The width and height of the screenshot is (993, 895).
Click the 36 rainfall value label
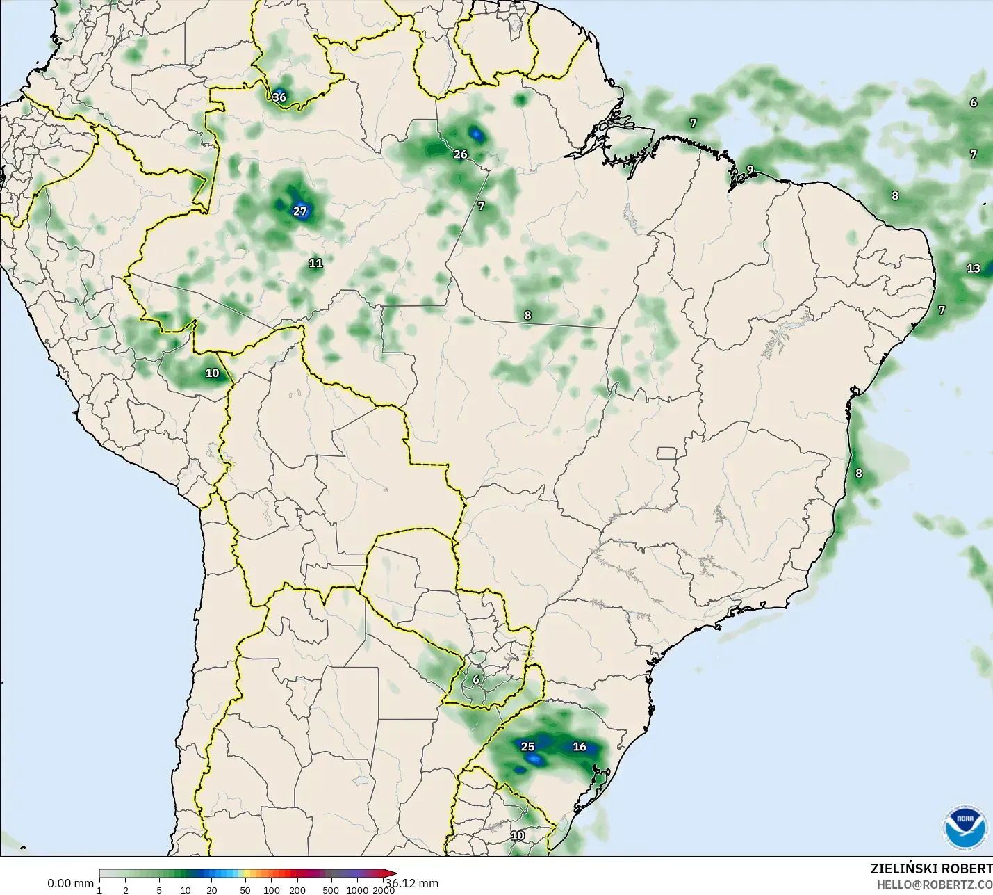pyautogui.click(x=279, y=97)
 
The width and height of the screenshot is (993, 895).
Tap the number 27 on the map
pyautogui.click(x=299, y=211)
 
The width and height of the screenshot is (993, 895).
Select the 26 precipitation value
pyautogui.click(x=460, y=154)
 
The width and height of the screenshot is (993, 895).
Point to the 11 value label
pyautogui.click(x=315, y=263)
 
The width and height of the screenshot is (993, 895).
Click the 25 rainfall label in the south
pyautogui.click(x=527, y=747)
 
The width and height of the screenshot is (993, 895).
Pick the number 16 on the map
pyautogui.click(x=580, y=747)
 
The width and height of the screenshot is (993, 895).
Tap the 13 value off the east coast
pyautogui.click(x=973, y=268)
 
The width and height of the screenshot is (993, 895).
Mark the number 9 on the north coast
pyautogui.click(x=750, y=170)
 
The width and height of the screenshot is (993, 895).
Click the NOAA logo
pyautogui.click(x=965, y=828)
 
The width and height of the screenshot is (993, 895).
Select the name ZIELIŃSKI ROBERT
pyautogui.click(x=931, y=869)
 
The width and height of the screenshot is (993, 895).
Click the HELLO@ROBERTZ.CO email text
pyautogui.click(x=934, y=885)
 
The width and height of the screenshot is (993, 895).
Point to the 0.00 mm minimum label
pyautogui.click(x=70, y=883)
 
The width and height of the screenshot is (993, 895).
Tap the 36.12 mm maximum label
pyautogui.click(x=413, y=884)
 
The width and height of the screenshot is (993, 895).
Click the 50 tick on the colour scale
pyautogui.click(x=245, y=890)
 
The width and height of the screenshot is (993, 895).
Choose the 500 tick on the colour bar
pyautogui.click(x=331, y=890)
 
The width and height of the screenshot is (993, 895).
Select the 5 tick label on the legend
pyautogui.click(x=159, y=890)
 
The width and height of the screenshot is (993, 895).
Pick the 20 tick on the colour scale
pyautogui.click(x=212, y=890)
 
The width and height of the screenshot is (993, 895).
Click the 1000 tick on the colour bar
pyautogui.click(x=357, y=890)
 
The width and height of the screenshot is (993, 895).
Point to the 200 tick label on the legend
pyautogui.click(x=297, y=890)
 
